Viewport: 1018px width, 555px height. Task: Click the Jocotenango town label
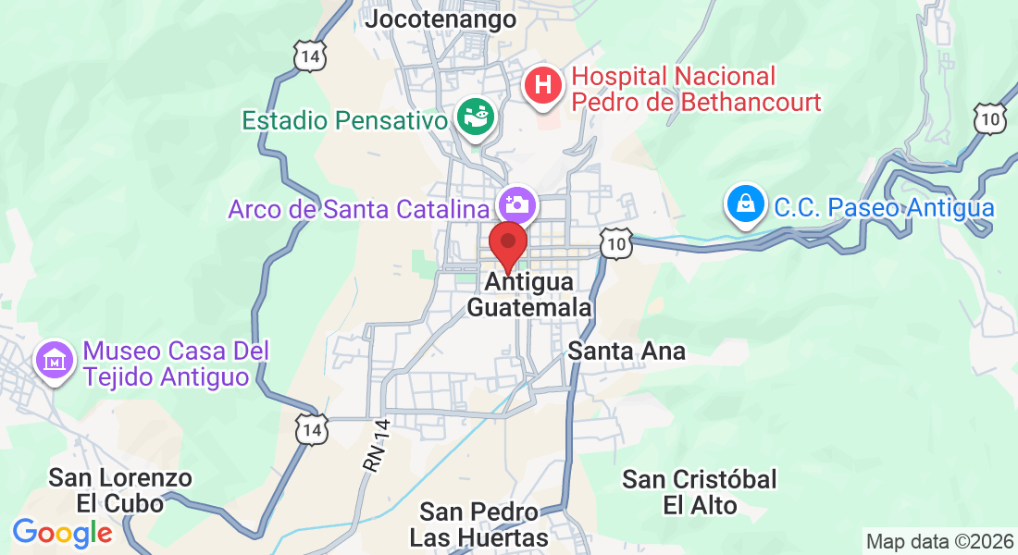click(440, 19)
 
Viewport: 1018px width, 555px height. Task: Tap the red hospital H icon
click(543, 86)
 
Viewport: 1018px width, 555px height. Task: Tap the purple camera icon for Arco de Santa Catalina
click(516, 203)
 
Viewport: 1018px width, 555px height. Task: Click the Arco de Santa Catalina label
click(358, 209)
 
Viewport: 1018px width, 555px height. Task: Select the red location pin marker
click(507, 244)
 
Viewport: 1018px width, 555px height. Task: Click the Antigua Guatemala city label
click(528, 294)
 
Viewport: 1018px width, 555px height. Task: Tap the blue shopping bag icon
click(745, 205)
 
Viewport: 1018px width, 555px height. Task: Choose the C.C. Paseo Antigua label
click(884, 207)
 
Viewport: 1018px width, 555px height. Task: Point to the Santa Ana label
click(627, 351)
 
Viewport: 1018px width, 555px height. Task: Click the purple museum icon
click(56, 358)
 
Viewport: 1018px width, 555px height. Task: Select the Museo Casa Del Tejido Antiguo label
click(176, 364)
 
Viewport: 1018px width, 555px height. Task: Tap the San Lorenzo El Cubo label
click(120, 490)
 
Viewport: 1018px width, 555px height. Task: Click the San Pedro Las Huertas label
click(478, 524)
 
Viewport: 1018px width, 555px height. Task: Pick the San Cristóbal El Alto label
click(700, 492)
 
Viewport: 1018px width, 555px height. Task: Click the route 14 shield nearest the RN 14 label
click(312, 428)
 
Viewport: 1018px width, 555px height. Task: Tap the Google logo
click(62, 532)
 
